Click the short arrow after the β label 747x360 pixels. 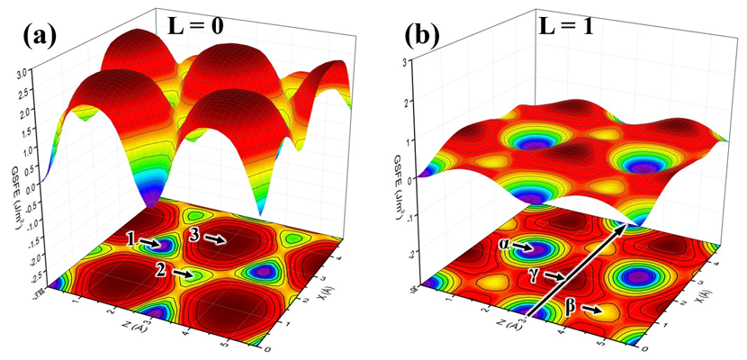(592, 310)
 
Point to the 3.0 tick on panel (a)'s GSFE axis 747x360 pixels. (34, 67)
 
